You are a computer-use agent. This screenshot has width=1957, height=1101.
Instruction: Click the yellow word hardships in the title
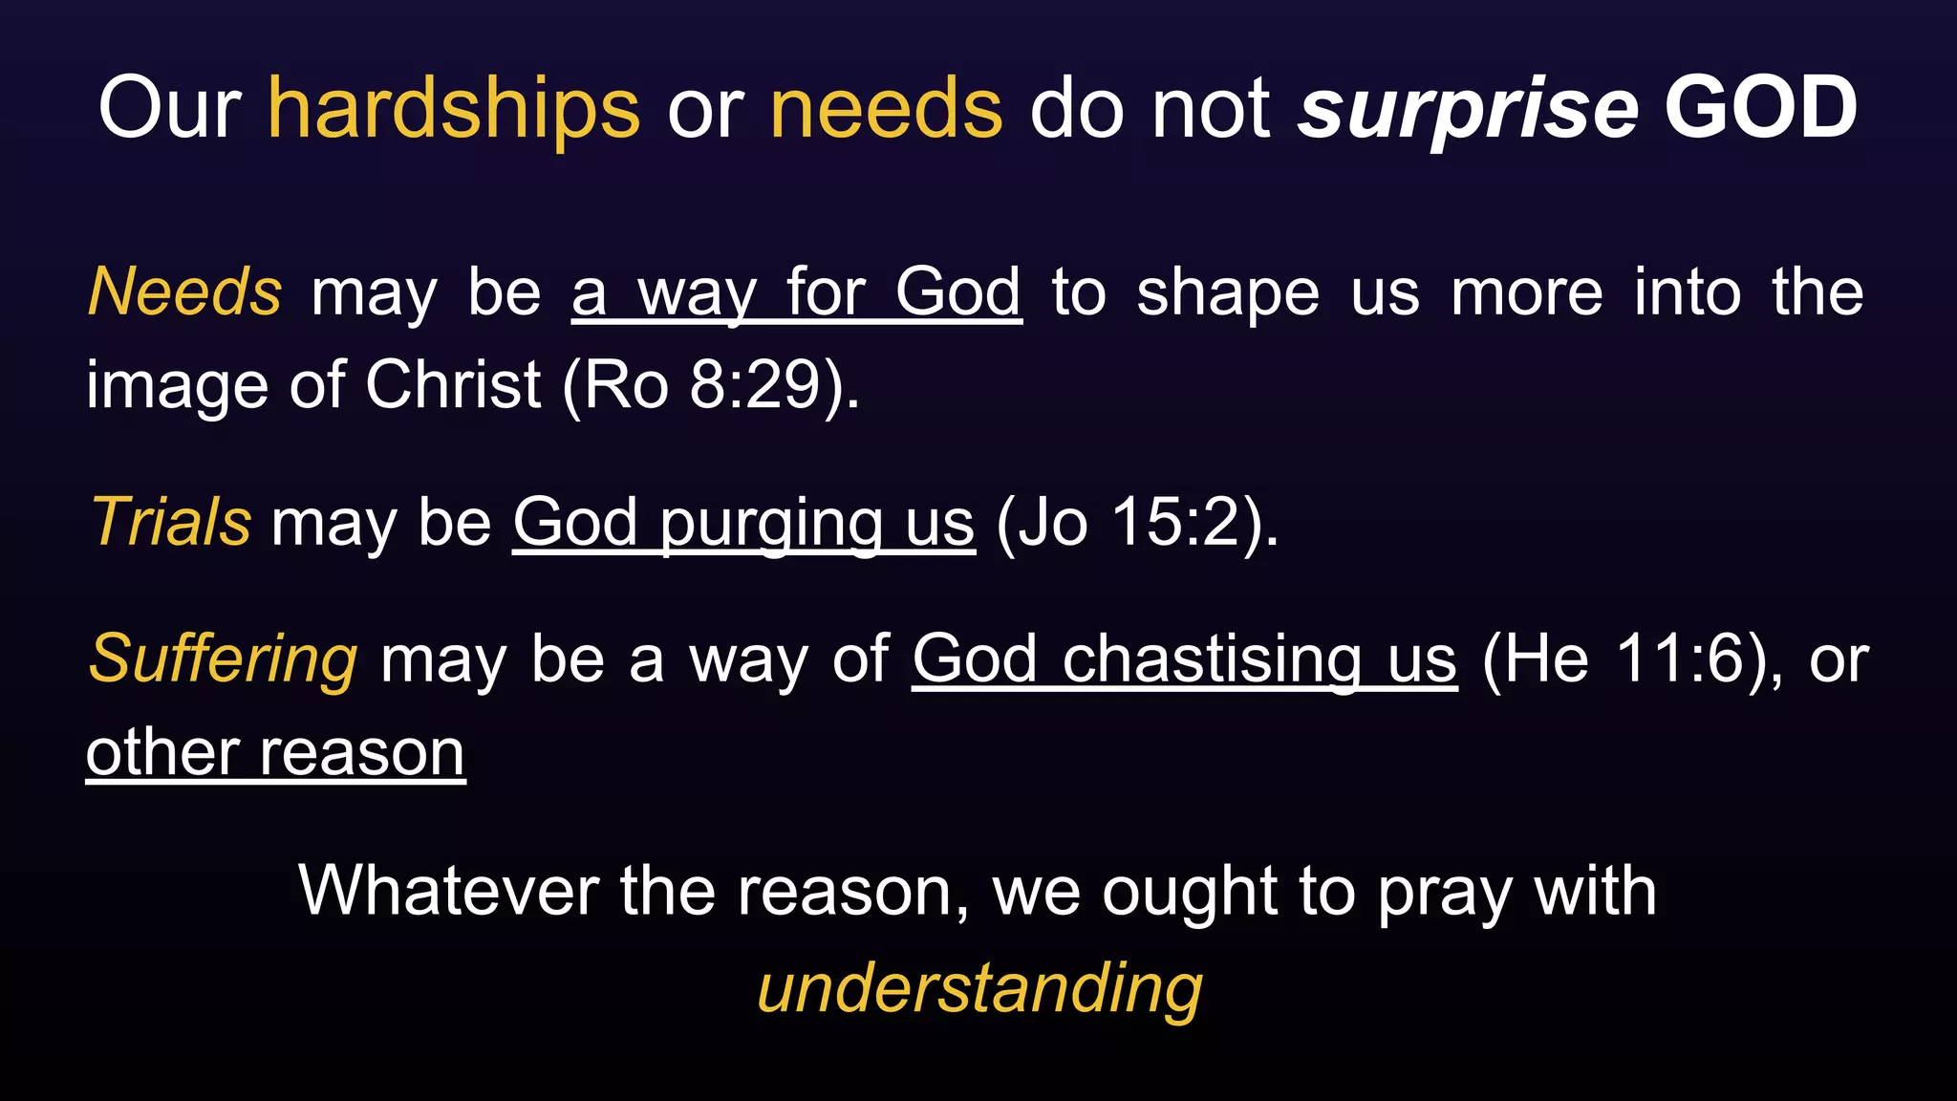coord(453,109)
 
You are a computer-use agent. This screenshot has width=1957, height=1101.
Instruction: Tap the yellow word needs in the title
coord(886,109)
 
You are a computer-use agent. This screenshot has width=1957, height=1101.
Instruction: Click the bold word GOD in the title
coord(1760,107)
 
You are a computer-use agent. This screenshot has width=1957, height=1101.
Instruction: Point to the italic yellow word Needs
coord(184,291)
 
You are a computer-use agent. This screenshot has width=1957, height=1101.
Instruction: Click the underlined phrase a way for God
coord(796,292)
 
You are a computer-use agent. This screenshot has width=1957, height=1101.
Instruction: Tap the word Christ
coord(453,385)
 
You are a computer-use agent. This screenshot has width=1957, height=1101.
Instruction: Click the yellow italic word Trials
coord(170,523)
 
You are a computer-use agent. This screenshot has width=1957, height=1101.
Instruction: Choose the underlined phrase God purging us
coord(743,524)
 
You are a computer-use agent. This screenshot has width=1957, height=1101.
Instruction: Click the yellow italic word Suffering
coord(223,659)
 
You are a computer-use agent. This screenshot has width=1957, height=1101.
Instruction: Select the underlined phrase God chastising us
coord(1184,659)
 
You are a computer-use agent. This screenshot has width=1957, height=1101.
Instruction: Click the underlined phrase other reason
coord(275,753)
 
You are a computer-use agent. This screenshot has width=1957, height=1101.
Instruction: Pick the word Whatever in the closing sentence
coord(448,891)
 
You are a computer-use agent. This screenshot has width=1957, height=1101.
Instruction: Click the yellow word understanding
coord(979,988)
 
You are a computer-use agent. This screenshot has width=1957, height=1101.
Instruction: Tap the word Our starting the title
coord(169,109)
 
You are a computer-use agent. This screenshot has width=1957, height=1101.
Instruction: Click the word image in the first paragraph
coord(177,386)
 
